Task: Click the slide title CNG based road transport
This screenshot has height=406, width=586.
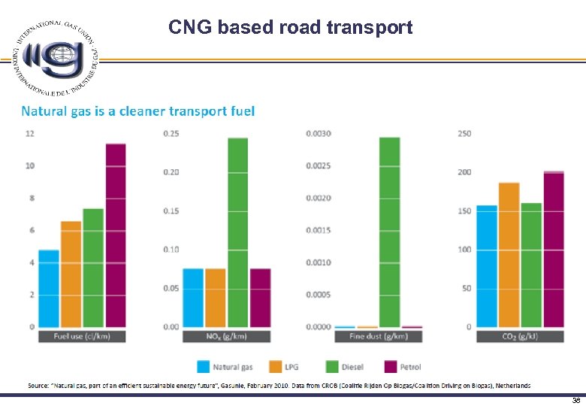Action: pos(290,28)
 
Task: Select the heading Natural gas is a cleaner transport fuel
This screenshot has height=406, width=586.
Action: pos(138,111)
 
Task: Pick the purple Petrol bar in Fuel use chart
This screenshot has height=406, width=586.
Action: pos(115,235)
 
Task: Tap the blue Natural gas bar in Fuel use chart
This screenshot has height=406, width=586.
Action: pos(49,288)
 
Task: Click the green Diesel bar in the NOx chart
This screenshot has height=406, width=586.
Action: pos(237,232)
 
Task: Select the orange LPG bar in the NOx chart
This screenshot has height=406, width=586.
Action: pos(216,298)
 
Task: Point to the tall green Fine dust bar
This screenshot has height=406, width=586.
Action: pos(389,232)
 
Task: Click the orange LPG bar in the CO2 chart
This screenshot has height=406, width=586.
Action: pos(509,255)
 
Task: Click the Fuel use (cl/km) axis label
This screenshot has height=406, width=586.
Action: pos(82,336)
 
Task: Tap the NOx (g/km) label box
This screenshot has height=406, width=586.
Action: pos(226,336)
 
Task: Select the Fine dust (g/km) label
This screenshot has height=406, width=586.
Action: pos(378,336)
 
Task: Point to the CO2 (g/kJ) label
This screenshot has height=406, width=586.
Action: pos(521,336)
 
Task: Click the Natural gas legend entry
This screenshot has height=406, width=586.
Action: pos(225,367)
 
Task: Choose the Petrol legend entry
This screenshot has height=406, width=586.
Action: pos(402,367)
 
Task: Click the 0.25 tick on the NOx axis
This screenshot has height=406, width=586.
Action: pos(171,134)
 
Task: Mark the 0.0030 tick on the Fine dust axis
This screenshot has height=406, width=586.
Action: pos(318,134)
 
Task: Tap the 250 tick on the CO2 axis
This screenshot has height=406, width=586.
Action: pos(464,134)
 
